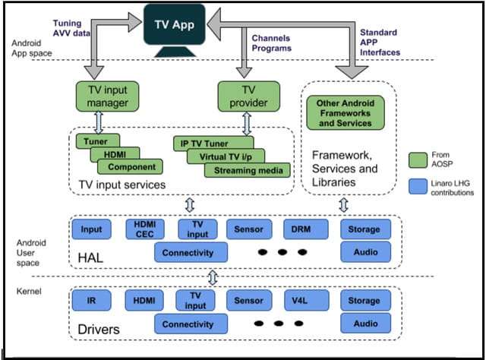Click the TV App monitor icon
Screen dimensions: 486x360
tap(175, 30)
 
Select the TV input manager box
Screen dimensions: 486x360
tap(107, 96)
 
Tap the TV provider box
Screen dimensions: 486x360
tap(248, 96)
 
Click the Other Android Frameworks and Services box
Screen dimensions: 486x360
tap(346, 113)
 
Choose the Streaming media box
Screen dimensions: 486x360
tap(248, 170)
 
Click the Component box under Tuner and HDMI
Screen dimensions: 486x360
tap(130, 167)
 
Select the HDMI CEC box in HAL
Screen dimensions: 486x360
tap(145, 229)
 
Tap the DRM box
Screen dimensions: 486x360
tap(305, 229)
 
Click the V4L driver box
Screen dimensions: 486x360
tap(306, 300)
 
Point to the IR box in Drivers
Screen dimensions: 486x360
tap(91, 300)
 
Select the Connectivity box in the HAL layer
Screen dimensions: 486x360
tap(191, 252)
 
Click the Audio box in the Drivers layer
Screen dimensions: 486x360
tap(366, 324)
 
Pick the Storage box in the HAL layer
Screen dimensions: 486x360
tap(366, 229)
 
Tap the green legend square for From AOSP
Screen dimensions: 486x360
tap(418, 160)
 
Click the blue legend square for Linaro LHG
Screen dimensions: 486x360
tap(418, 186)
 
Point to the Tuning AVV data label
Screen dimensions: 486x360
tap(71, 28)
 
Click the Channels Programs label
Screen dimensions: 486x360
tap(272, 43)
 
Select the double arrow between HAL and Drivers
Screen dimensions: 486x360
tap(213, 277)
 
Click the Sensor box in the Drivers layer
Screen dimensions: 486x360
tap(249, 300)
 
